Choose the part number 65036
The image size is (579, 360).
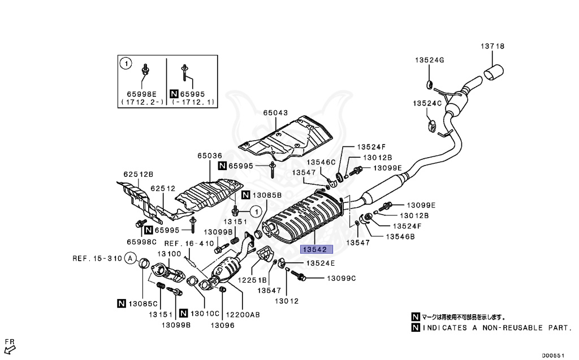[210, 155]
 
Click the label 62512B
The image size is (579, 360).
[139, 174]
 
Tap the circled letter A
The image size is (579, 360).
[131, 259]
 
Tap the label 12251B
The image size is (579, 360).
[251, 280]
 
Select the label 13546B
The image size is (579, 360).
[400, 236]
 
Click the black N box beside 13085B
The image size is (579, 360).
[245, 196]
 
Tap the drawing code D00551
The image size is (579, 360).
[554, 355]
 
